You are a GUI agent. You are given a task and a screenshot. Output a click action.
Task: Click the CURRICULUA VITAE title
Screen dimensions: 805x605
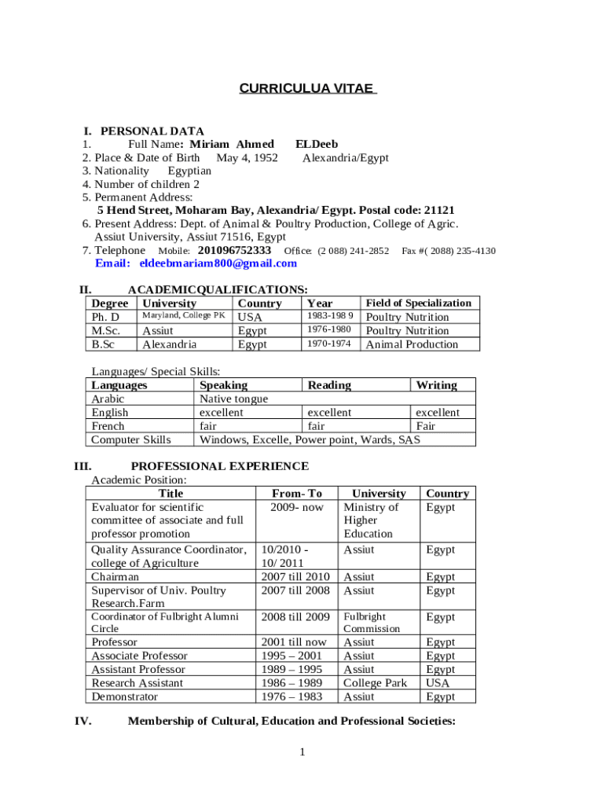pyautogui.click(x=308, y=89)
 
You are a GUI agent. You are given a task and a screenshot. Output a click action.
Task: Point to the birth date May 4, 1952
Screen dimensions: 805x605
pyautogui.click(x=247, y=157)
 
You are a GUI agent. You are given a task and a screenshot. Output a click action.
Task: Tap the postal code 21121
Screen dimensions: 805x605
pyautogui.click(x=439, y=211)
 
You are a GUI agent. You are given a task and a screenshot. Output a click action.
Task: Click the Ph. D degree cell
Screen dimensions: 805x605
pyautogui.click(x=106, y=317)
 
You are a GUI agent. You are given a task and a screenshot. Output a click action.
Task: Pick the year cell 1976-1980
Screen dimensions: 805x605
pyautogui.click(x=329, y=330)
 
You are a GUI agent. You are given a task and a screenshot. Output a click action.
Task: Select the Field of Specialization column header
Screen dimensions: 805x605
pyautogui.click(x=419, y=303)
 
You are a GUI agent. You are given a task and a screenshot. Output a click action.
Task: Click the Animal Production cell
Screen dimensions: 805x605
pyautogui.click(x=412, y=344)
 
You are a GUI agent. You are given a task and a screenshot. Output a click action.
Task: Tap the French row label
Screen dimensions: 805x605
pyautogui.click(x=108, y=426)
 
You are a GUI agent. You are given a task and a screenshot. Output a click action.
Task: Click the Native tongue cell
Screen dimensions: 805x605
pyautogui.click(x=233, y=399)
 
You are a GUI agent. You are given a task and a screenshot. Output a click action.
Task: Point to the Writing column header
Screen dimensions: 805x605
pyautogui.click(x=436, y=385)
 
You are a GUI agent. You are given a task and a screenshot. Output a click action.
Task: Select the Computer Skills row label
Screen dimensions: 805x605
pyautogui.click(x=130, y=439)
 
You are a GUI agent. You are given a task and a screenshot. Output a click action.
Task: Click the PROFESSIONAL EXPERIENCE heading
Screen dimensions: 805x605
pyautogui.click(x=219, y=466)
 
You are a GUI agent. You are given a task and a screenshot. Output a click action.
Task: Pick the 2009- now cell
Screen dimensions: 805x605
pyautogui.click(x=296, y=507)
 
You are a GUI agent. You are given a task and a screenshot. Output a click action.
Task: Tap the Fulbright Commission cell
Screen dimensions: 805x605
pyautogui.click(x=372, y=623)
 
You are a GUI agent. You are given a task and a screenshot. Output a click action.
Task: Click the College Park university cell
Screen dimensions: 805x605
pyautogui.click(x=376, y=683)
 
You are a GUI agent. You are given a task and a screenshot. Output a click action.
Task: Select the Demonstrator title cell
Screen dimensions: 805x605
pyautogui.click(x=124, y=697)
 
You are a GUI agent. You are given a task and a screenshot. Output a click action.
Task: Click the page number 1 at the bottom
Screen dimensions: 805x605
pyautogui.click(x=302, y=753)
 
